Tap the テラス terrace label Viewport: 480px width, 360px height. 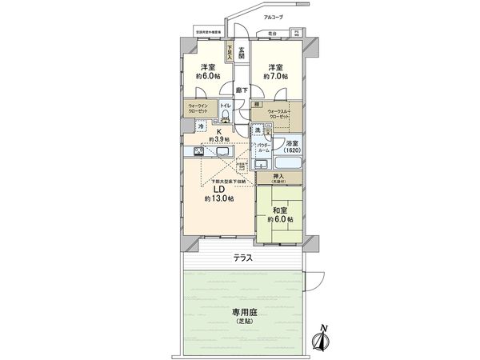pyautogui.click(x=243, y=258)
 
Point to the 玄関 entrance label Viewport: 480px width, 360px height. pyautogui.click(x=240, y=53)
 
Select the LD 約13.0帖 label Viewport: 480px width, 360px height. pyautogui.click(x=218, y=194)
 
